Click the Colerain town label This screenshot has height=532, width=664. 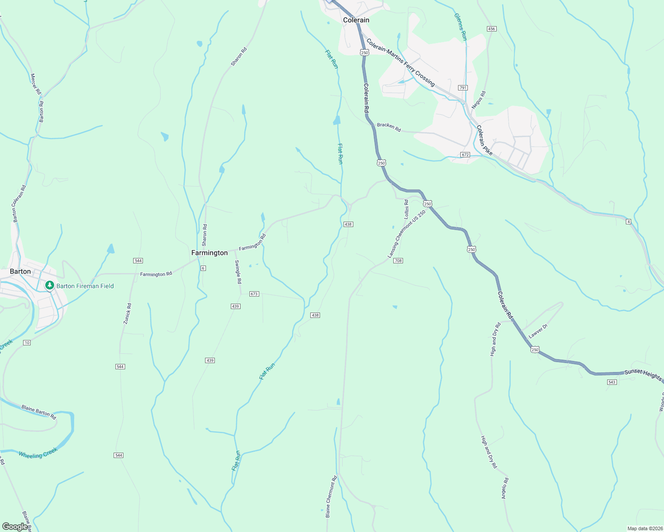pyautogui.click(x=356, y=20)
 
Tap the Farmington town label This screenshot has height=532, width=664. pyautogui.click(x=209, y=253)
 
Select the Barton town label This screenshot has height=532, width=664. pyautogui.click(x=20, y=271)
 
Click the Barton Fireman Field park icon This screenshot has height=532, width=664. pyautogui.click(x=50, y=286)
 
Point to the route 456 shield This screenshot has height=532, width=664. pyautogui.click(x=491, y=29)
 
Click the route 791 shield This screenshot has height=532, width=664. pyautogui.click(x=463, y=88)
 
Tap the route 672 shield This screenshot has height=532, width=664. pyautogui.click(x=465, y=155)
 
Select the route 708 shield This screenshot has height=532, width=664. pyautogui.click(x=398, y=261)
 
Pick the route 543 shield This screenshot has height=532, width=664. pyautogui.click(x=612, y=382)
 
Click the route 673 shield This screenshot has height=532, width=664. pyautogui.click(x=254, y=294)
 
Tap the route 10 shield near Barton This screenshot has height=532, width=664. pyautogui.click(x=27, y=343)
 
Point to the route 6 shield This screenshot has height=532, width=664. pyautogui.click(x=203, y=268)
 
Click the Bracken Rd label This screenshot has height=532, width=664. pyautogui.click(x=389, y=127)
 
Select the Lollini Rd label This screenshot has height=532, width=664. pyautogui.click(x=406, y=209)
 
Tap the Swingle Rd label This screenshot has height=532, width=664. pyautogui.click(x=238, y=272)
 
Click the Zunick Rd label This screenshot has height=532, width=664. pyautogui.click(x=127, y=313)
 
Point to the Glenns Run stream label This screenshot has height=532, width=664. pyautogui.click(x=461, y=27)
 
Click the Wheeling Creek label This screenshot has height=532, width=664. pyautogui.click(x=38, y=453)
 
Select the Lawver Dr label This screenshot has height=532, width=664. pyautogui.click(x=538, y=332)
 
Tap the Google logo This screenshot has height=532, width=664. pyautogui.click(x=15, y=526)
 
